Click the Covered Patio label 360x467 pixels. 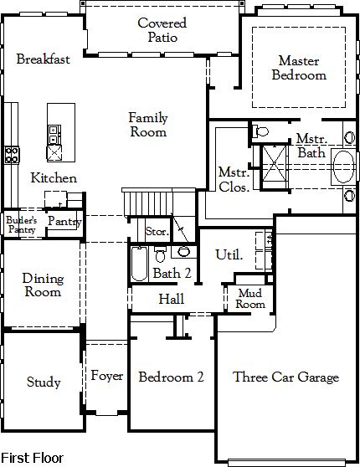(162, 30)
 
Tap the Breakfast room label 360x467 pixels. (44, 59)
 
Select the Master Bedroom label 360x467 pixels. (299, 68)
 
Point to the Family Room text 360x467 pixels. (148, 125)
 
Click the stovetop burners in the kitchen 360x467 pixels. (12, 155)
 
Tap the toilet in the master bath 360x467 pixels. (260, 131)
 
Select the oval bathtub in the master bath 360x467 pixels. (343, 167)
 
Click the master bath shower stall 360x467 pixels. (275, 167)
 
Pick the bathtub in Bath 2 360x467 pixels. (140, 264)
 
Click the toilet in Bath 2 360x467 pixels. (160, 254)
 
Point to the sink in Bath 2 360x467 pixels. (183, 252)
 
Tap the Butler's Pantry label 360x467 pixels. (22, 224)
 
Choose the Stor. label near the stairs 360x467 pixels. (157, 232)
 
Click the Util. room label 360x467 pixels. (229, 254)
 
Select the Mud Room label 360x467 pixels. (250, 299)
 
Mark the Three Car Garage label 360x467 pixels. (285, 377)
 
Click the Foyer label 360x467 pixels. (106, 376)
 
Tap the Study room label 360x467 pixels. (44, 382)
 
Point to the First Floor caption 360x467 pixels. (32, 458)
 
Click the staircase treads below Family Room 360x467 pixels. (148, 203)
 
